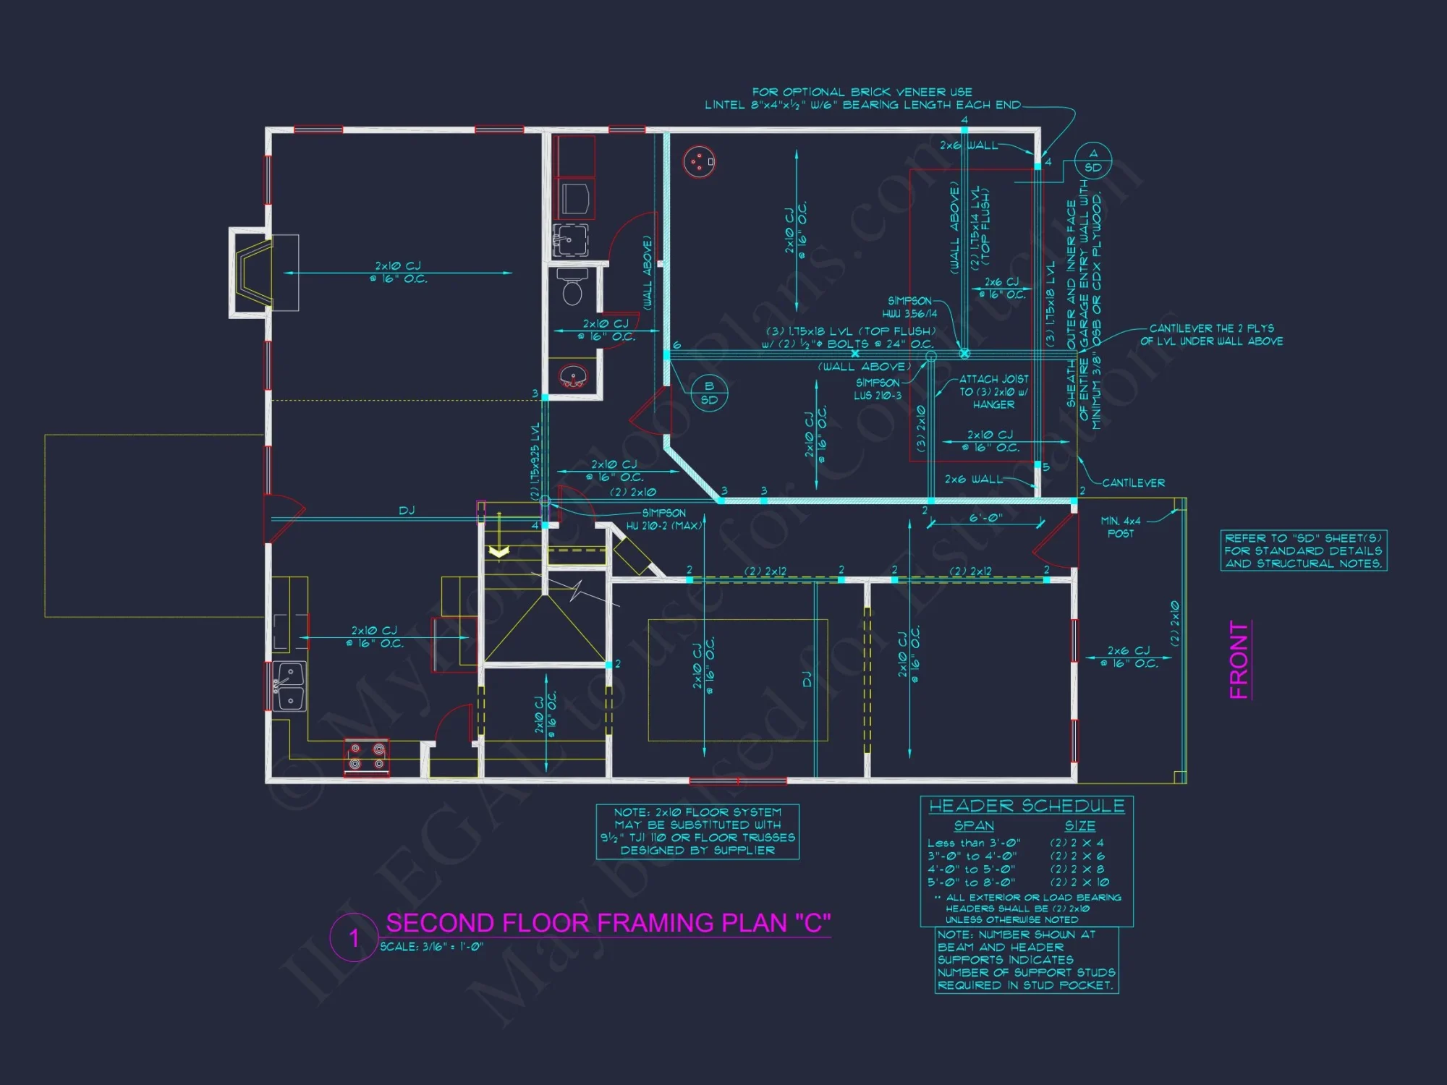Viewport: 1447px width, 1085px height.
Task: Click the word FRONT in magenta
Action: (1239, 660)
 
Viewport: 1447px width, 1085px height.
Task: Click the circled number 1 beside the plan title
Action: (354, 938)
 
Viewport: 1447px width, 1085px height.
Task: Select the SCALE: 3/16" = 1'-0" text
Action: (431, 947)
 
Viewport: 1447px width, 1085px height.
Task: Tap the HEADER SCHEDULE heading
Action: (1026, 806)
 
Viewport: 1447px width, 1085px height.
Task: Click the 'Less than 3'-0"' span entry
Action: (973, 843)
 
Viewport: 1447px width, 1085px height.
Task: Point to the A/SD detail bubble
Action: (1092, 161)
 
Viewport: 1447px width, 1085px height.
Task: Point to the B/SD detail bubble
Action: (709, 393)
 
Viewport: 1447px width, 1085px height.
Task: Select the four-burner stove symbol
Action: (366, 757)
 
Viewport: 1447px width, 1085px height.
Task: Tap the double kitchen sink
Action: (290, 686)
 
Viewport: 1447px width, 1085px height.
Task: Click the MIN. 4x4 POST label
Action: (1120, 527)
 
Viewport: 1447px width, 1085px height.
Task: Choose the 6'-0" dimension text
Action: (985, 518)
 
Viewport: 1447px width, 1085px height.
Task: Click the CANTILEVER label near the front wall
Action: (1133, 483)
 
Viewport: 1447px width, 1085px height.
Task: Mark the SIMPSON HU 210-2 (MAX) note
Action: (663, 519)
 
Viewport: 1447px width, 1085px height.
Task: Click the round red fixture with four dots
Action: (698, 161)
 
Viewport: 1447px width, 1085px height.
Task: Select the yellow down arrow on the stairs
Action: (498, 551)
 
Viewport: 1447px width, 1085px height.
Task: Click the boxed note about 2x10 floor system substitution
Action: (697, 832)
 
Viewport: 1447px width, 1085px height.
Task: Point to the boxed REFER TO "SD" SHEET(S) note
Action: (1303, 550)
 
